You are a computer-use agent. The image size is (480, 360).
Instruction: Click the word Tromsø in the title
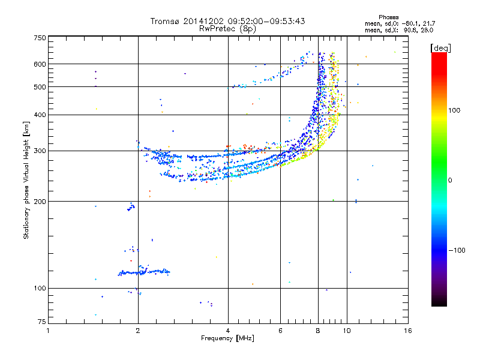(166, 21)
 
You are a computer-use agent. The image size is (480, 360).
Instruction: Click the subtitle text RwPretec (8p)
(227, 29)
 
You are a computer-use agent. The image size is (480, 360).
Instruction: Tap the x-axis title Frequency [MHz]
(227, 338)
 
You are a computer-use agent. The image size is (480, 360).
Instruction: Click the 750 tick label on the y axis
(40, 38)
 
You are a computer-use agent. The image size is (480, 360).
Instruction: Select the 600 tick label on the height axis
(40, 64)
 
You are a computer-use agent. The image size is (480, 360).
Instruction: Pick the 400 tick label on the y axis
(40, 115)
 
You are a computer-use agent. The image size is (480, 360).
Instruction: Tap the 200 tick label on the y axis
(40, 202)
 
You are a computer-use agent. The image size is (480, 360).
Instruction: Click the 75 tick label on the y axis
(42, 322)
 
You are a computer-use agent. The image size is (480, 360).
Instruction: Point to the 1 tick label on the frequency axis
(48, 331)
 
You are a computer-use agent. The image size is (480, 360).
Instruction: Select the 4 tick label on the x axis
(228, 331)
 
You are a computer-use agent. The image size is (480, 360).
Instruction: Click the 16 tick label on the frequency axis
(408, 331)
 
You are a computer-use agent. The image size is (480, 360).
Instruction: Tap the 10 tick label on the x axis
(347, 331)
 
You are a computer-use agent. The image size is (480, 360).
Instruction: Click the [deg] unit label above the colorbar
(440, 48)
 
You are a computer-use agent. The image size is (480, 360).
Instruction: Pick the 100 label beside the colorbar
(454, 110)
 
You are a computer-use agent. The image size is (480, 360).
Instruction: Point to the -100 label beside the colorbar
(457, 250)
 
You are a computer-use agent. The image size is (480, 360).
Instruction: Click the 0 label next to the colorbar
(450, 181)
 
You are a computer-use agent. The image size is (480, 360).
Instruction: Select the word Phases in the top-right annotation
(388, 17)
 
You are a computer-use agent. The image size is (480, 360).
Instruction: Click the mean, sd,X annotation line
(399, 31)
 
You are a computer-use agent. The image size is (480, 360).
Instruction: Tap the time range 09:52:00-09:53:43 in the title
(266, 21)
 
